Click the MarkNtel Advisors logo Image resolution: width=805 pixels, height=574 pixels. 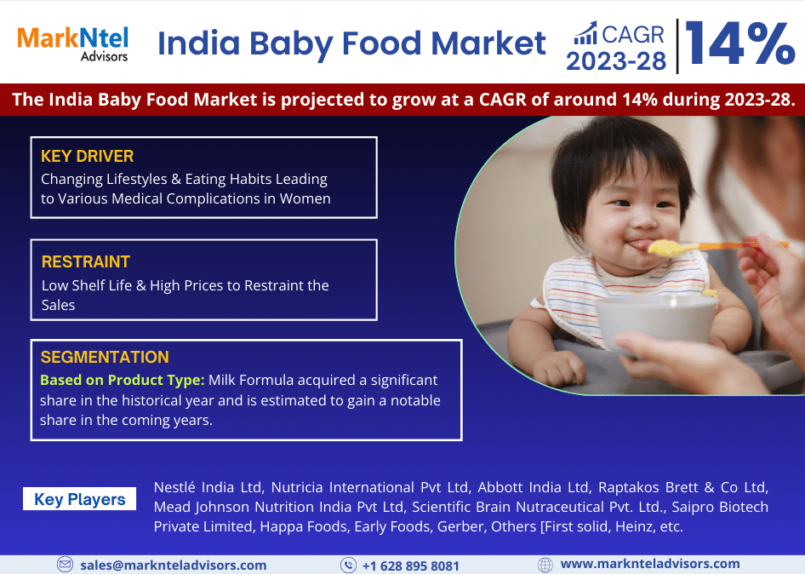click(x=73, y=44)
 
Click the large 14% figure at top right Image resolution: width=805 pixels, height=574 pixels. click(x=739, y=43)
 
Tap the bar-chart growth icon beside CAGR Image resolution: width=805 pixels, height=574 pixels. click(x=585, y=33)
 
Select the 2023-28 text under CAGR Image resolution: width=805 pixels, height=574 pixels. click(x=616, y=61)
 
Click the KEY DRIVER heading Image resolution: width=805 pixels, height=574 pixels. click(x=88, y=156)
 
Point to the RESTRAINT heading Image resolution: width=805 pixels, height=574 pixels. click(x=86, y=261)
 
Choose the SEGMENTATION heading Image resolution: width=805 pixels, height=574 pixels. click(x=105, y=357)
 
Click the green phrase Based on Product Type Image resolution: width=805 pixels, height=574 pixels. click(x=123, y=381)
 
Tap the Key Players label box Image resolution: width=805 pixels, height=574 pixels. click(x=80, y=499)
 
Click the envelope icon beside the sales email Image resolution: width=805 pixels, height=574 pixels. click(x=65, y=565)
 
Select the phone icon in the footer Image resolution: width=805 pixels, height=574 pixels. click(x=349, y=565)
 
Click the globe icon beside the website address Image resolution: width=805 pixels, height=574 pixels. click(x=545, y=565)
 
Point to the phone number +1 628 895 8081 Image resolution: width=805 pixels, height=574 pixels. click(x=411, y=565)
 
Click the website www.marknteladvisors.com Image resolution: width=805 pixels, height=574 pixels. click(x=650, y=565)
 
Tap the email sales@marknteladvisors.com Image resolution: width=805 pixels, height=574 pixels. click(x=174, y=565)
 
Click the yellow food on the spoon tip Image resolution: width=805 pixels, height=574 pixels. click(x=665, y=248)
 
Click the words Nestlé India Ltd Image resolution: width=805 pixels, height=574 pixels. click(x=209, y=487)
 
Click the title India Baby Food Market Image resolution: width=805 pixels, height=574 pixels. click(x=351, y=43)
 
